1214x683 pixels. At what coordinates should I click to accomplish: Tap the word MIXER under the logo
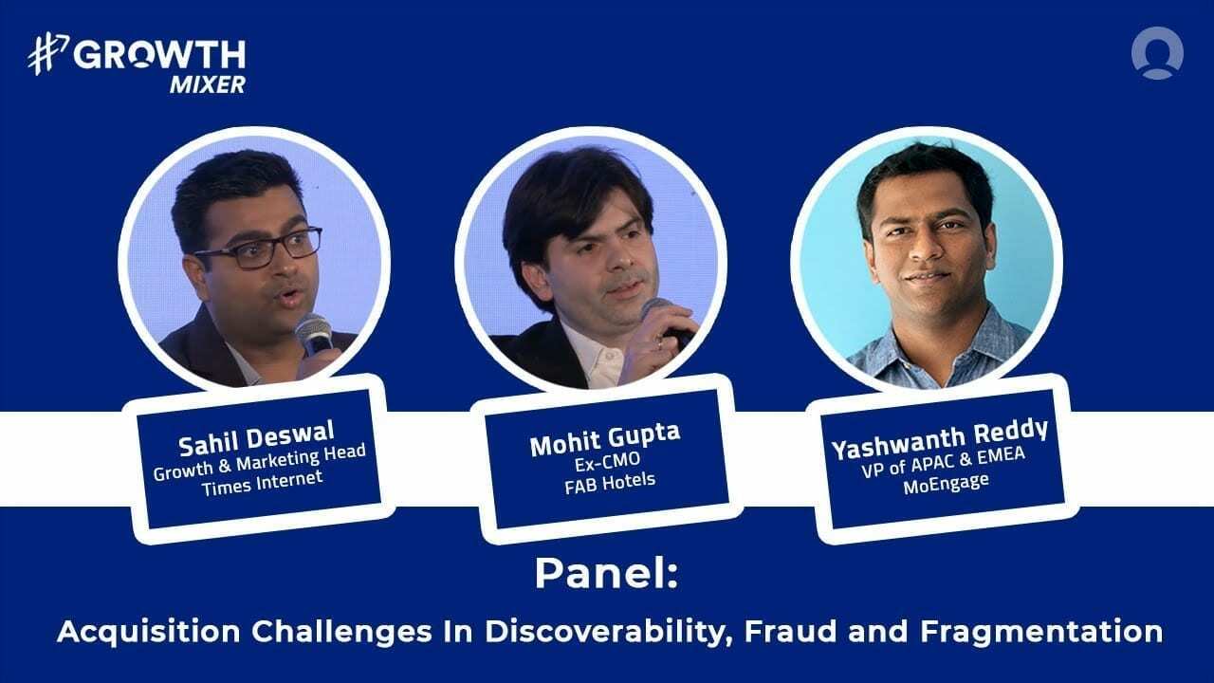click(208, 84)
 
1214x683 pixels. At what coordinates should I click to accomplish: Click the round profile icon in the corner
click(1157, 52)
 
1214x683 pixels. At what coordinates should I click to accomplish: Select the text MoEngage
click(943, 482)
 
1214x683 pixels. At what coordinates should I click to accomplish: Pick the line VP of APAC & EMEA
click(941, 463)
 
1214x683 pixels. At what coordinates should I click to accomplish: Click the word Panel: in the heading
click(606, 574)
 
